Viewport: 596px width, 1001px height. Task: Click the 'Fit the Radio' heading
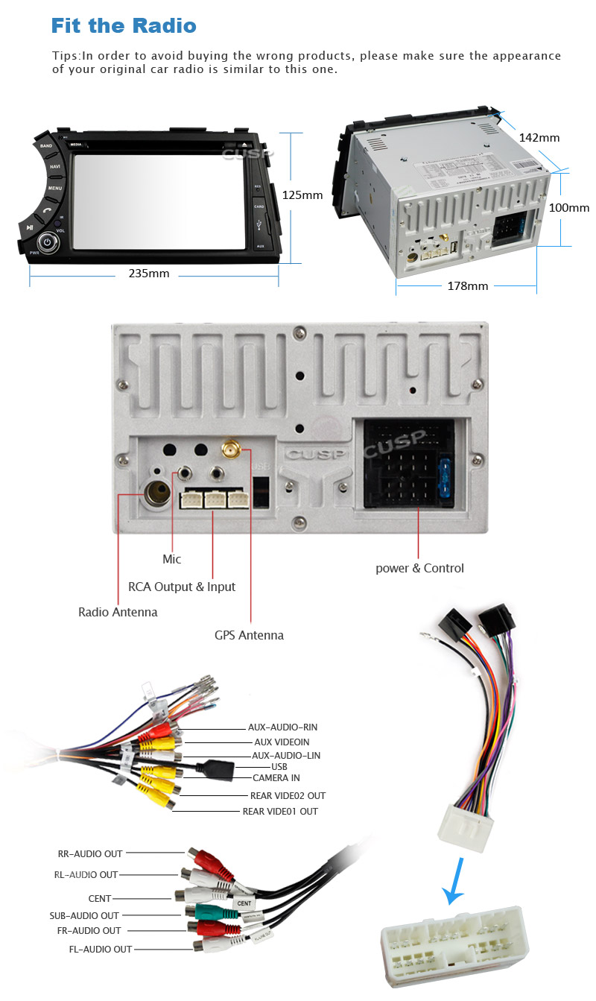pos(124,26)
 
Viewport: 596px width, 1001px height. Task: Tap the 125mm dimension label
pos(302,195)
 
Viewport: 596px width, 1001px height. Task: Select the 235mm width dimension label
pos(149,274)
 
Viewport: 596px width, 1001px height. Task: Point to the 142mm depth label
pos(539,138)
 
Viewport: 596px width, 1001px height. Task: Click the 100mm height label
pos(568,208)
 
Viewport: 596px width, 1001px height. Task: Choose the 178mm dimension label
pos(467,286)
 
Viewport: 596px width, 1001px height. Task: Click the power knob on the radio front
pos(48,241)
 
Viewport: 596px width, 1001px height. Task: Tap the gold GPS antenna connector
pos(229,449)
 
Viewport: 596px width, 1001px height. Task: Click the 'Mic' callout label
pos(171,559)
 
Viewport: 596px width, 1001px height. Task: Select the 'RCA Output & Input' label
pos(182,587)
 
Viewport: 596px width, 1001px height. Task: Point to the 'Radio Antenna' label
pos(118,613)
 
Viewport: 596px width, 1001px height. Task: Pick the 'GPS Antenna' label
pos(249,636)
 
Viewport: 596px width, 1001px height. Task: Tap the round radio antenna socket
pos(159,493)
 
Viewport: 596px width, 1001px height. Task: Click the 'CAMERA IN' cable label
pos(276,778)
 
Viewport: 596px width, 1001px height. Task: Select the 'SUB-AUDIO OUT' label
pos(84,915)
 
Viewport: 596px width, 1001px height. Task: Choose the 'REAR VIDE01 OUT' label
pos(280,811)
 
